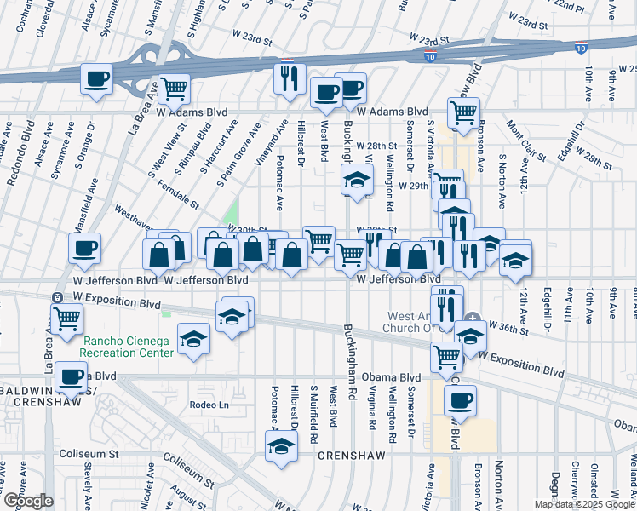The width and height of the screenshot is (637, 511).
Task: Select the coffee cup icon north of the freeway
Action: [96, 80]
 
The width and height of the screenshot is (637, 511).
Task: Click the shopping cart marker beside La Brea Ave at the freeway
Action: [174, 88]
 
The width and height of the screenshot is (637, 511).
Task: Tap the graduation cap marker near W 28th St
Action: [358, 180]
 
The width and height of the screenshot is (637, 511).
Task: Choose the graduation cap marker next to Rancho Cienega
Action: [193, 340]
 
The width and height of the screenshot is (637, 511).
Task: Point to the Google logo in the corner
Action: [27, 501]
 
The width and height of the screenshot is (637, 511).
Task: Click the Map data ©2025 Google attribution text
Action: [585, 504]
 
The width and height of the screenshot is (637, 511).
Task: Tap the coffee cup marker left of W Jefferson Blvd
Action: [85, 249]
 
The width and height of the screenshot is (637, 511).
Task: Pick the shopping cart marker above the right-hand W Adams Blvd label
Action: [463, 112]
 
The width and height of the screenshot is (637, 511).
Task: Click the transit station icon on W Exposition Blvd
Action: [56, 297]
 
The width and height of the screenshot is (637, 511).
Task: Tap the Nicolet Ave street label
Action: [146, 482]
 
